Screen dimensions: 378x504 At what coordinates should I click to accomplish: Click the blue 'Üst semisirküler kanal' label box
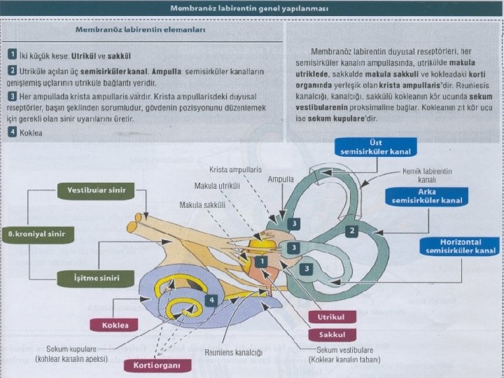[x=376, y=147]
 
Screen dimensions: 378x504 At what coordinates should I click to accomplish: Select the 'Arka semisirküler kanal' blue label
[x=422, y=195]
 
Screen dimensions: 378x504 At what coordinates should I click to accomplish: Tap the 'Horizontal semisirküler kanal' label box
[x=459, y=246]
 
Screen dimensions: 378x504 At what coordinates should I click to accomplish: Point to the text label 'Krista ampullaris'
[x=235, y=169]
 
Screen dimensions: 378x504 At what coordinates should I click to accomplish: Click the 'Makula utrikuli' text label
[x=217, y=186]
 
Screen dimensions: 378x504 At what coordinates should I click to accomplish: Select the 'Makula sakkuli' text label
[x=203, y=205]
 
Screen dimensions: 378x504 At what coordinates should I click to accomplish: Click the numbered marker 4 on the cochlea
[x=211, y=300]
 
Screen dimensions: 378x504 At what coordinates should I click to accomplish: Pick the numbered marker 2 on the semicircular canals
[x=353, y=230]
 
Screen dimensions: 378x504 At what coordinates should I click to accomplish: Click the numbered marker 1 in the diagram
[x=260, y=261]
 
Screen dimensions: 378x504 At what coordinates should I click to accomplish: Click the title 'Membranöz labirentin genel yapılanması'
[x=252, y=8]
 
